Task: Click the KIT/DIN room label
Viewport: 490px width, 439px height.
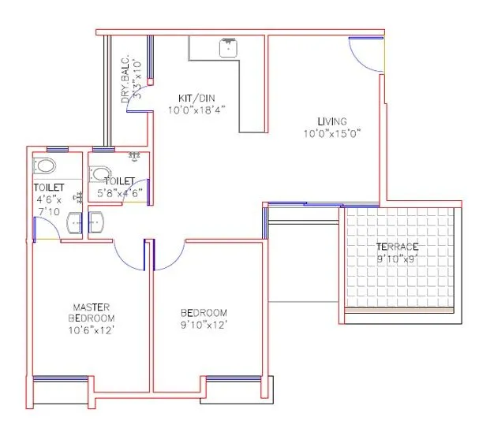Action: point(191,99)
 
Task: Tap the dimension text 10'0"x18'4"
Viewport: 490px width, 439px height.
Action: point(196,110)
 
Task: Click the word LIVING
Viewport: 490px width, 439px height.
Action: point(332,121)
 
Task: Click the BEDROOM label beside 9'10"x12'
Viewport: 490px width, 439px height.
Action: point(204,312)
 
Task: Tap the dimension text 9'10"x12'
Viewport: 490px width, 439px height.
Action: point(204,324)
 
